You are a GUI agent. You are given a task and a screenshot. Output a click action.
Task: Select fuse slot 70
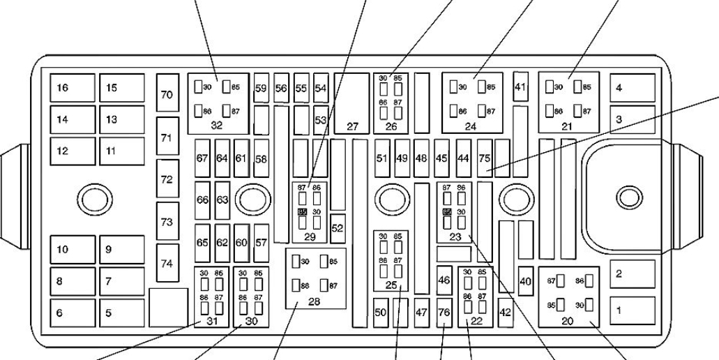tap(167, 94)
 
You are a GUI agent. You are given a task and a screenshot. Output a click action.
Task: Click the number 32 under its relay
tap(216, 126)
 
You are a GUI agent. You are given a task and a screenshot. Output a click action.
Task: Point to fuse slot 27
tap(352, 126)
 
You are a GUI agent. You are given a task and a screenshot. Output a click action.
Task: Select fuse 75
tap(485, 158)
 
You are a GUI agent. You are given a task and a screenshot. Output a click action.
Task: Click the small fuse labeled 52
tap(338, 228)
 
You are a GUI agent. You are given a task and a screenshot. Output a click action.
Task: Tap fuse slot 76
tap(444, 313)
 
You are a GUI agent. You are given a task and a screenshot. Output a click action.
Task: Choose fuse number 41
tap(520, 87)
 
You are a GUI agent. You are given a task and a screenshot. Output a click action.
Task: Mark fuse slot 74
tap(167, 263)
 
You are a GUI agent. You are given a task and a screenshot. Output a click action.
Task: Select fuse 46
tap(444, 280)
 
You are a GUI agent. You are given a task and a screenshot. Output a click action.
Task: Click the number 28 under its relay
tap(314, 302)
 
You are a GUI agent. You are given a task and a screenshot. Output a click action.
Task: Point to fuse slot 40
tap(525, 281)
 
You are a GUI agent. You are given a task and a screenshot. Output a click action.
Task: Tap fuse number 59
tap(261, 89)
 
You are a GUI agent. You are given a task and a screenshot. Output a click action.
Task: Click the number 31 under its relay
tap(212, 321)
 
